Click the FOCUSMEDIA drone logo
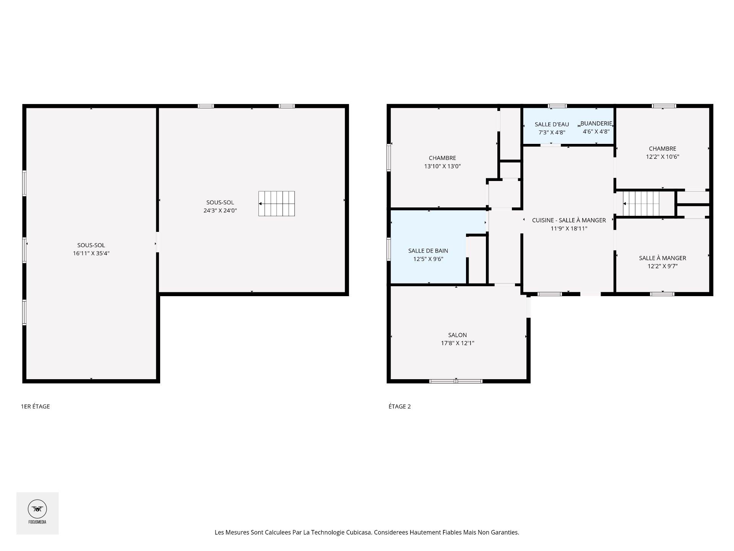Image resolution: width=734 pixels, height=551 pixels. pyautogui.click(x=37, y=509)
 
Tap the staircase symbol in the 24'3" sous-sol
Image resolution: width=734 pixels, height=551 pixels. pyautogui.click(x=276, y=204)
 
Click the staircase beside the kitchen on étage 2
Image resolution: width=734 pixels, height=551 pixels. pyautogui.click(x=641, y=204)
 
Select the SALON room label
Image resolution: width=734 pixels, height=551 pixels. pyautogui.click(x=457, y=335)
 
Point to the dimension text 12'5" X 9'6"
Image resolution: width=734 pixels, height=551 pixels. pyautogui.click(x=428, y=259)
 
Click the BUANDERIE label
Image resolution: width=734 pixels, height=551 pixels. pyautogui.click(x=596, y=123)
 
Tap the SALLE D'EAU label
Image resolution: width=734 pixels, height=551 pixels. pyautogui.click(x=552, y=124)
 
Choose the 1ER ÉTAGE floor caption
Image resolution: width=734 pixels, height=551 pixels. pyautogui.click(x=35, y=406)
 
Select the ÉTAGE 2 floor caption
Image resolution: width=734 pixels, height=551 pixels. pyautogui.click(x=399, y=406)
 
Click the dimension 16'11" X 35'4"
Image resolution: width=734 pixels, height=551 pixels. pyautogui.click(x=91, y=253)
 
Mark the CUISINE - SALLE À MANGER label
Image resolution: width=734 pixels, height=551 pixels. pyautogui.click(x=568, y=220)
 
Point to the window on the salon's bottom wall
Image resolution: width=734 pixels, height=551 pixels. pyautogui.click(x=456, y=381)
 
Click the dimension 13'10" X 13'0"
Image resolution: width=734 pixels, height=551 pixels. pyautogui.click(x=442, y=166)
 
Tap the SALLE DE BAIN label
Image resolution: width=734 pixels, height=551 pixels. pyautogui.click(x=428, y=251)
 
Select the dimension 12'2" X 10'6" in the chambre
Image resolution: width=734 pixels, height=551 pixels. pyautogui.click(x=662, y=156)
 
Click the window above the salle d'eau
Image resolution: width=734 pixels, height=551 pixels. pyautogui.click(x=557, y=106)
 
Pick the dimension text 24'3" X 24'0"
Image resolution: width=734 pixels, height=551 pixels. pyautogui.click(x=220, y=210)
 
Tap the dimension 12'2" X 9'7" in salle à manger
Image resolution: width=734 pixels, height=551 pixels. pyautogui.click(x=662, y=266)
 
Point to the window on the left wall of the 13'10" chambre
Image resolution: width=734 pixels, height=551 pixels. pyautogui.click(x=389, y=157)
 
